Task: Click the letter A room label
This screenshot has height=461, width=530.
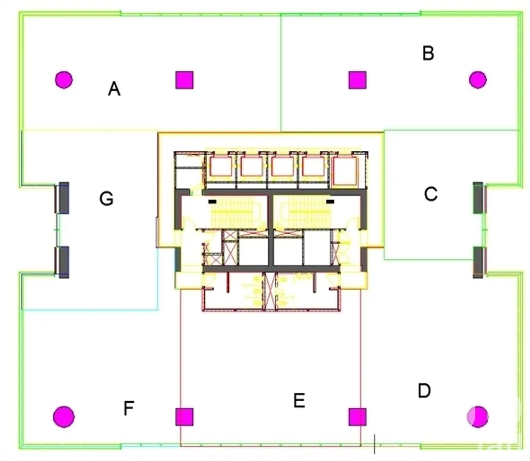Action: coord(114,89)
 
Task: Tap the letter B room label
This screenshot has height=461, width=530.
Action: coord(428,53)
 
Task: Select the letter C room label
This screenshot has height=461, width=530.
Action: coord(431,194)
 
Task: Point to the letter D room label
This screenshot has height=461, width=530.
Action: coord(424,391)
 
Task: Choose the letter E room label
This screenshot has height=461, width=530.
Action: coord(299,401)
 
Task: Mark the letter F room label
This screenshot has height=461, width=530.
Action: coord(129,408)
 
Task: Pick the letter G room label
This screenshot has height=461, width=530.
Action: coord(106,198)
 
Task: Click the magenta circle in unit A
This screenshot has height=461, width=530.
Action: coord(63,80)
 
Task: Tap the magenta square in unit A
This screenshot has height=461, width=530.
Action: coord(184,80)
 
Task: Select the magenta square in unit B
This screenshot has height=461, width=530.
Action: coord(357,80)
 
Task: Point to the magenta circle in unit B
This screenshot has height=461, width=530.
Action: coord(478,80)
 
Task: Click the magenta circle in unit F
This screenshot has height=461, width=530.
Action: coord(64,417)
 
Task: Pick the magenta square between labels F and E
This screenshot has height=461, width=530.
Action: coord(184,417)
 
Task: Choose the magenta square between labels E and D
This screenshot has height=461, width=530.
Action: coord(357,417)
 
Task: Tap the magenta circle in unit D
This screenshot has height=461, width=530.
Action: coord(478,417)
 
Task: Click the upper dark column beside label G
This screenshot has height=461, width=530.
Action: coord(64,198)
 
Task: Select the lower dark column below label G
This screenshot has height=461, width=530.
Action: coord(64,263)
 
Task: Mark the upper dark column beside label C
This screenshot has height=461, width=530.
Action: coord(478,198)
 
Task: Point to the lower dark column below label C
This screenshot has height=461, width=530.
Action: coord(478,263)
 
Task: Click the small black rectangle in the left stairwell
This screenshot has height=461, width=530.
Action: coord(212,202)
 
